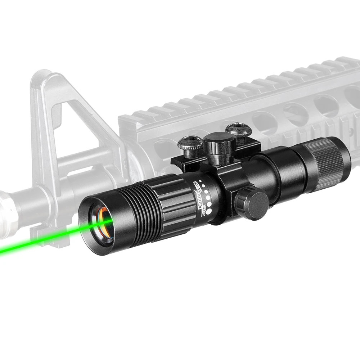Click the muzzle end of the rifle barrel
[x=5, y=202]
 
